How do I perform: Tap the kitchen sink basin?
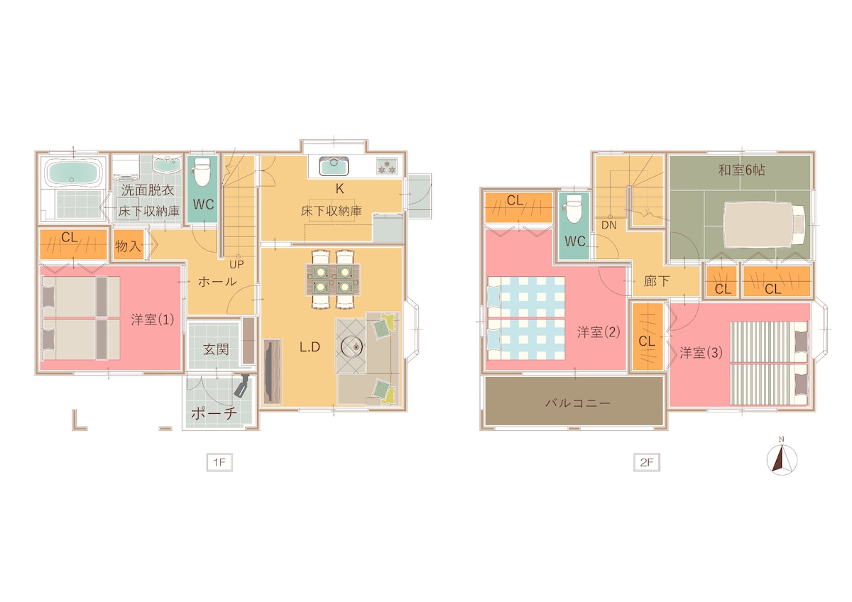pyautogui.click(x=334, y=166)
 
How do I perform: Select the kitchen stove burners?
pyautogui.click(x=387, y=166)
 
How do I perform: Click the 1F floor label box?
pyautogui.click(x=219, y=462)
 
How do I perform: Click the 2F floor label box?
pyautogui.click(x=647, y=462)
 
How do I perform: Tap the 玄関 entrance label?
pyautogui.click(x=216, y=349)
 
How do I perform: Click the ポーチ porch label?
pyautogui.click(x=214, y=413)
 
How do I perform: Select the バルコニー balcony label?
pyautogui.click(x=578, y=403)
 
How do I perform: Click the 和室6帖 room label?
pyautogui.click(x=741, y=170)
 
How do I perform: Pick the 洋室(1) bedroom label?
pyautogui.click(x=153, y=319)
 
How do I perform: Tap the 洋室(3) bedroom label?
pyautogui.click(x=701, y=353)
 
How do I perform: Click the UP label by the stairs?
pyautogui.click(x=236, y=264)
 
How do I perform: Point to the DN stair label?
pyautogui.click(x=609, y=225)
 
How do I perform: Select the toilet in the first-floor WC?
pyautogui.click(x=202, y=172)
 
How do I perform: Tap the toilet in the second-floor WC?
pyautogui.click(x=574, y=209)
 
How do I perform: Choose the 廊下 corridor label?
pyautogui.click(x=657, y=281)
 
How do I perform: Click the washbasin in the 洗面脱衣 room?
pyautogui.click(x=168, y=165)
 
